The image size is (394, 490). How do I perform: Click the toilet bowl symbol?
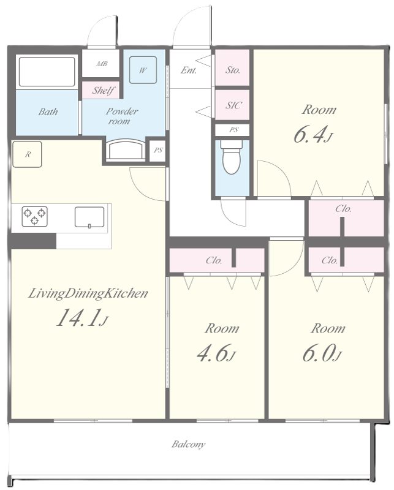point(232,157)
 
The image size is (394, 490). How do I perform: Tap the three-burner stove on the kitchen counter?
point(34,216)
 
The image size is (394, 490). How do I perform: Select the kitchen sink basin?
point(89,217)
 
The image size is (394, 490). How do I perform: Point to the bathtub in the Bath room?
point(47,71)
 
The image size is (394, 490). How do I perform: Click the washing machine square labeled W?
point(143,70)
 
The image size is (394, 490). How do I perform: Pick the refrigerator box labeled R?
point(27,154)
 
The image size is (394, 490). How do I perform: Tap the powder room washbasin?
point(126,149)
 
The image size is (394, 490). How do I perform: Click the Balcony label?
point(189,444)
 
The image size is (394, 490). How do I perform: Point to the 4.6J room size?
point(216,353)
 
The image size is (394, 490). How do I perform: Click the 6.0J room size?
point(322,353)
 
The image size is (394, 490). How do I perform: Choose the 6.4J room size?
point(313,135)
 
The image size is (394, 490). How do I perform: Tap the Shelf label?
point(102,91)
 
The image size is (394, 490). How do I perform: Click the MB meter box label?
point(102,64)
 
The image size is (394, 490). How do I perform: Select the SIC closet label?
point(234,105)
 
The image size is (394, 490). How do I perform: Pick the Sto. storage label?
point(233,70)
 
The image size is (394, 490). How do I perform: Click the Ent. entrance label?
point(189,70)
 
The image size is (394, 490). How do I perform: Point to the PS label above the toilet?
point(233,130)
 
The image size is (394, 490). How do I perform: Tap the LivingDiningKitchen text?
point(88,293)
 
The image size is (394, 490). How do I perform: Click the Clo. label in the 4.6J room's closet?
point(214,260)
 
